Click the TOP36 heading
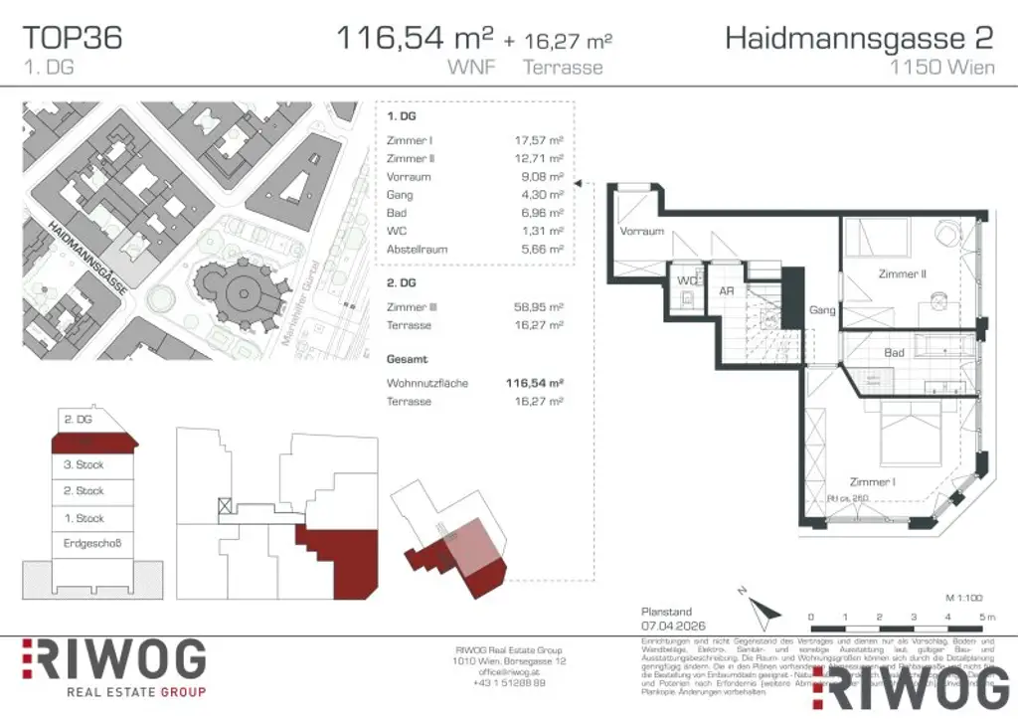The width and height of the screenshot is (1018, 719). [x=73, y=38]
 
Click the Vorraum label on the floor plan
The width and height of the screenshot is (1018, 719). [x=641, y=231]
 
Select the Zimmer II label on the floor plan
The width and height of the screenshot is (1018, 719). [x=902, y=273]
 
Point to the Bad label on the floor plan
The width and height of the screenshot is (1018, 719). [x=893, y=352]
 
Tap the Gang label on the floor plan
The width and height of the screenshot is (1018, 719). [x=822, y=310]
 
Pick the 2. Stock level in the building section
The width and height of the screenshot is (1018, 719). [x=84, y=491]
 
